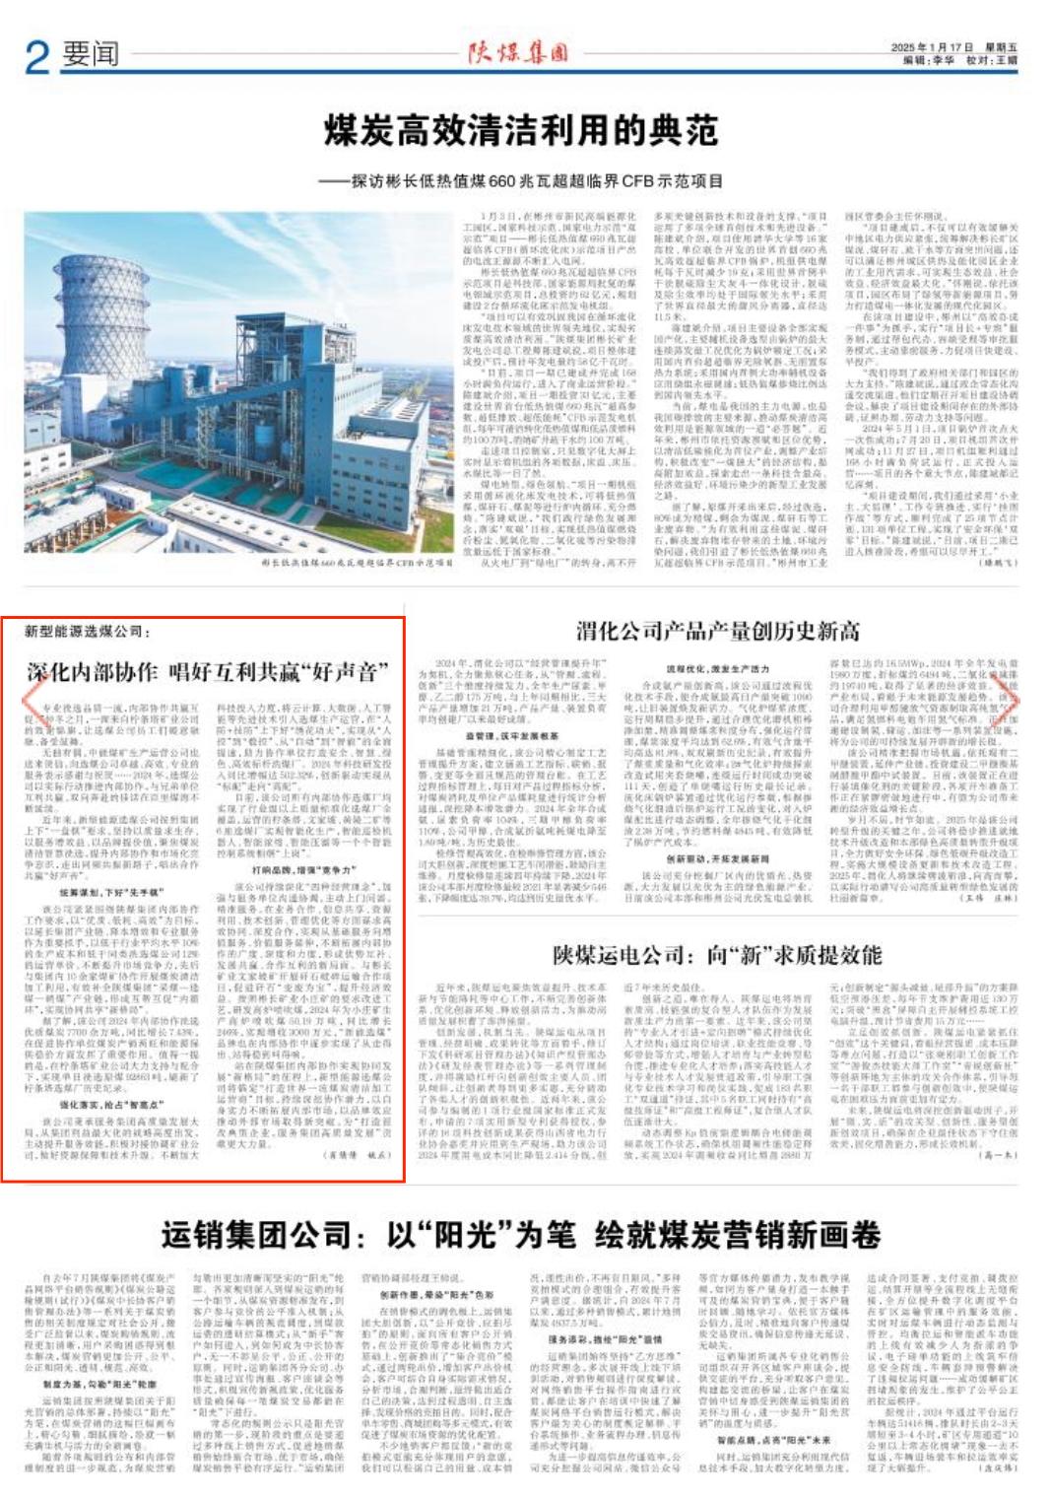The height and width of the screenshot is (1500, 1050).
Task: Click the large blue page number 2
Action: point(36,56)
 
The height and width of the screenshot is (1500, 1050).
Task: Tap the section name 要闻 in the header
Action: point(91,54)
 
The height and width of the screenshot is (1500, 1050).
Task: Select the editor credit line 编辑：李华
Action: point(930,60)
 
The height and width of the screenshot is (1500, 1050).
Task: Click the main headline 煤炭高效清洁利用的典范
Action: point(521,130)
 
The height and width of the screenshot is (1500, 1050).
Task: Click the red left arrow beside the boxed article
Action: point(33,702)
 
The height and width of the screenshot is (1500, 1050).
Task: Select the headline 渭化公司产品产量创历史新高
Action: point(717,632)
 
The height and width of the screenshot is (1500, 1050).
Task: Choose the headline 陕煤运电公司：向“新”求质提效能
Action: point(717,955)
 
